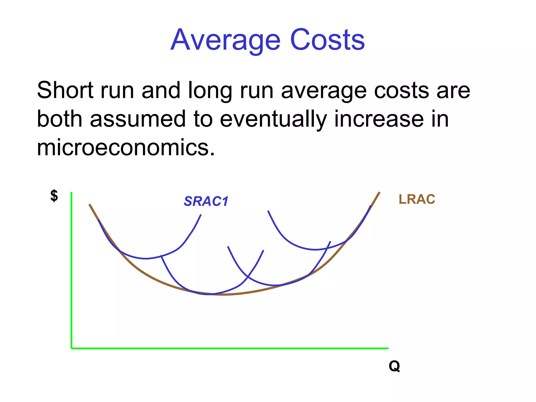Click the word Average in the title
click(226, 41)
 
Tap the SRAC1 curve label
click(206, 201)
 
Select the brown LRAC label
click(417, 199)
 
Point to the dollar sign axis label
click(54, 196)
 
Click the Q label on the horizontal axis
click(394, 366)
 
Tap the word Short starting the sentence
click(65, 90)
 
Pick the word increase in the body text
click(379, 119)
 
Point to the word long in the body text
click(210, 91)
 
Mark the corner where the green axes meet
click(71, 348)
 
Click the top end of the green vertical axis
click(71, 193)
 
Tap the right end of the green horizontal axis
click(388, 348)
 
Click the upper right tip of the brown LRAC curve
click(379, 193)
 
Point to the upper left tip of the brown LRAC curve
click(90, 204)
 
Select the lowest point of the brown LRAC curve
click(224, 295)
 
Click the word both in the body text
click(60, 119)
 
